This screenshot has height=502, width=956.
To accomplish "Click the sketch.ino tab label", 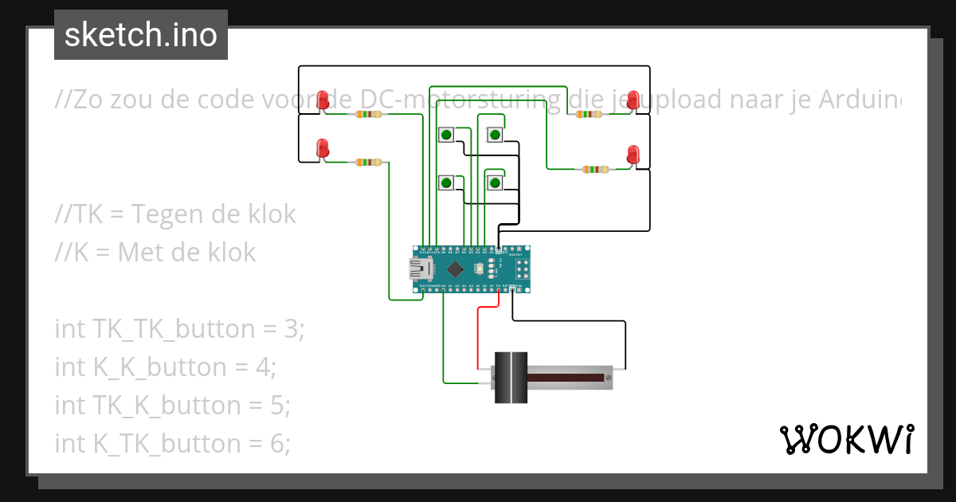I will [x=140, y=35].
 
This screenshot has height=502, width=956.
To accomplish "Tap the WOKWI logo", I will [x=845, y=439].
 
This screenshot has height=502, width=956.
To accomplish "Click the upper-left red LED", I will [x=323, y=100].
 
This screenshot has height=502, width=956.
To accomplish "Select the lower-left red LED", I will [x=323, y=148].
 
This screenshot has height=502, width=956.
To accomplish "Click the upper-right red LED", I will [x=633, y=100].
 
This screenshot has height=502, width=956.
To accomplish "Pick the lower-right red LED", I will [x=633, y=155].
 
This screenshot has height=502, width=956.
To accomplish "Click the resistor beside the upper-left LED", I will [x=368, y=115].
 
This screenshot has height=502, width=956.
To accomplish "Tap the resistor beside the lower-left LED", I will [x=368, y=163].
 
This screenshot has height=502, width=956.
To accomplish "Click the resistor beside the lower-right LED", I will [x=596, y=169].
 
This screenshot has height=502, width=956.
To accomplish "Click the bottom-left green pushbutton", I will [x=446, y=183].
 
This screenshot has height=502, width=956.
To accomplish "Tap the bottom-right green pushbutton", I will [x=495, y=183].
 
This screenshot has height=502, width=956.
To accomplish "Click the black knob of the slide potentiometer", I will [x=510, y=377].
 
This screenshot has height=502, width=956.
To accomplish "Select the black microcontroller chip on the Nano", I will [x=455, y=268].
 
